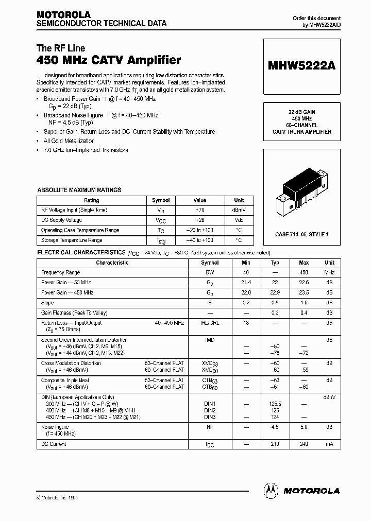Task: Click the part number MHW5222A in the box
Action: pyautogui.click(x=302, y=66)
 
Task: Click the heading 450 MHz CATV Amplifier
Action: pyautogui.click(x=109, y=61)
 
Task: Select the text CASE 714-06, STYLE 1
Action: pyautogui.click(x=302, y=234)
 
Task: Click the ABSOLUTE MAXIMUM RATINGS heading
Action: pyautogui.click(x=79, y=190)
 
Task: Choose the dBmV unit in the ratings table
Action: pyautogui.click(x=239, y=210)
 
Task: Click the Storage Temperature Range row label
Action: pyautogui.click(x=72, y=240)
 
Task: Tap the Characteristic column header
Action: pyautogui.click(x=112, y=263)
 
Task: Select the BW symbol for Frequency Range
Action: pyautogui.click(x=210, y=272)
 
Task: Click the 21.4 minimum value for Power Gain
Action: pyautogui.click(x=246, y=283)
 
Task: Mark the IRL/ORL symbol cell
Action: pyautogui.click(x=210, y=323)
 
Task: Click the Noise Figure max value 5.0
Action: pyautogui.click(x=304, y=427)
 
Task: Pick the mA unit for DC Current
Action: pyautogui.click(x=329, y=444)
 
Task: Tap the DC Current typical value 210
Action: pyautogui.click(x=275, y=444)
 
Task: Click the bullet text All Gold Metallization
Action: pyautogui.click(x=69, y=141)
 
